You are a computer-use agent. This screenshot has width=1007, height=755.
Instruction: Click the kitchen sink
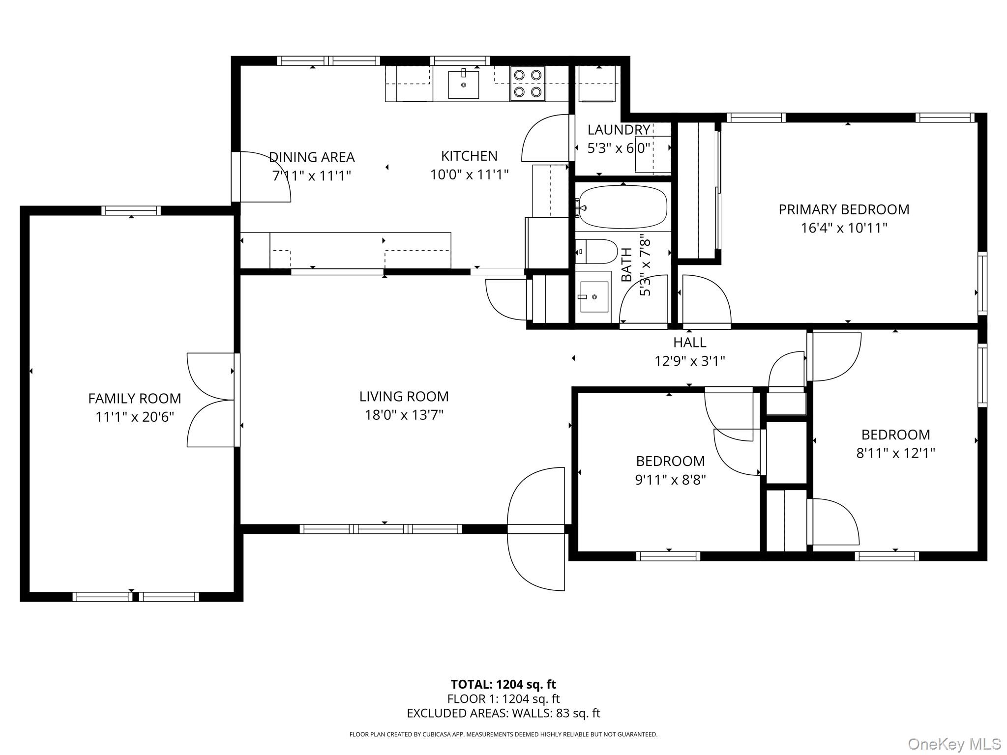tap(463, 85)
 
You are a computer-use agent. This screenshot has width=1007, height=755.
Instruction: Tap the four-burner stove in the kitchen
tap(528, 83)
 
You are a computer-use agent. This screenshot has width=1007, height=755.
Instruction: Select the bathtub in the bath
tap(623, 207)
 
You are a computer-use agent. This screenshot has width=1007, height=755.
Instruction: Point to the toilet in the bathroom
tap(596, 252)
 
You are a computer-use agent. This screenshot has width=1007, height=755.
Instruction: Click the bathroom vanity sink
tap(594, 297)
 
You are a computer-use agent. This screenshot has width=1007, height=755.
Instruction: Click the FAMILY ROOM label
tap(135, 398)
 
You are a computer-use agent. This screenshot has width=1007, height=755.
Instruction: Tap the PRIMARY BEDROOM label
tap(844, 209)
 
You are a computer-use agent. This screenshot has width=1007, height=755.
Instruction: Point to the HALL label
tap(689, 342)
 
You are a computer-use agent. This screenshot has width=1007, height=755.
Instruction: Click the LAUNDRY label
tap(619, 130)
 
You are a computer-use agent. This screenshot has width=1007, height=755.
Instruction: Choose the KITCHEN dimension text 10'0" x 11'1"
tap(469, 174)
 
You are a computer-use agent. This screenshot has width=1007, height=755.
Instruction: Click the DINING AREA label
tap(312, 157)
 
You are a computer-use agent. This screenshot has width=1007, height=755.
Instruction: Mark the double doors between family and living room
tap(212, 400)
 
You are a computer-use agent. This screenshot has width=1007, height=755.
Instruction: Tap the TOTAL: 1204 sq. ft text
tap(503, 684)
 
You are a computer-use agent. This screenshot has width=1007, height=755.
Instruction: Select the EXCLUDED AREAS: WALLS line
tap(503, 713)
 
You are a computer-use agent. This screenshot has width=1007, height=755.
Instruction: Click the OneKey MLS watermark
tap(954, 744)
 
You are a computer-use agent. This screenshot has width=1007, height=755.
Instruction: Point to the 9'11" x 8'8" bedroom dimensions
tap(671, 480)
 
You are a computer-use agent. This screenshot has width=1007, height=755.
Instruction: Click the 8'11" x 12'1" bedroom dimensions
tap(895, 453)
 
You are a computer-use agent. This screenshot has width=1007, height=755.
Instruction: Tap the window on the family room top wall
tap(131, 210)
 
